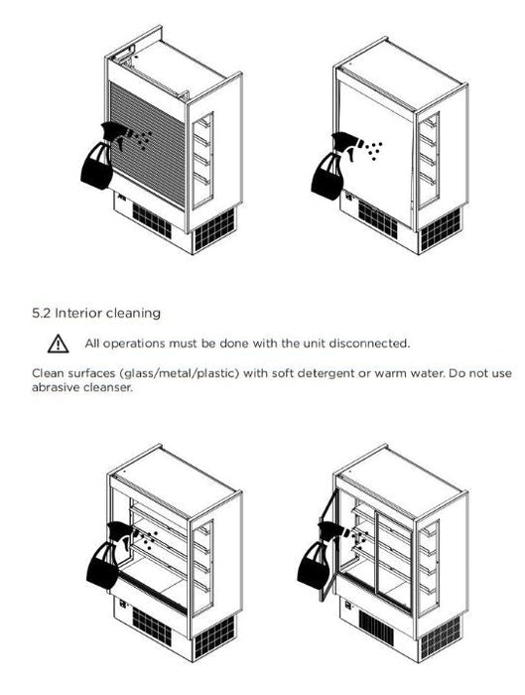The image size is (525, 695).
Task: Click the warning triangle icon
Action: [58, 344]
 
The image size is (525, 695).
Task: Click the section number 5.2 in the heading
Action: [42, 314]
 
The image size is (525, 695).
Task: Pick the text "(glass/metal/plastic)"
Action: [180, 373]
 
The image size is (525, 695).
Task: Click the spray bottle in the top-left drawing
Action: [103, 155]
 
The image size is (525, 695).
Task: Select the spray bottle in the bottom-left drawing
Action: [108, 555]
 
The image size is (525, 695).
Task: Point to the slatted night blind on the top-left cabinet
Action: [148, 144]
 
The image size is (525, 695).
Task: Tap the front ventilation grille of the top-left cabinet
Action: [152, 220]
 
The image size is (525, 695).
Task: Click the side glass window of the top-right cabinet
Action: [429, 160]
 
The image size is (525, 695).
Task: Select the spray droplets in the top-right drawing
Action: [374, 151]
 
